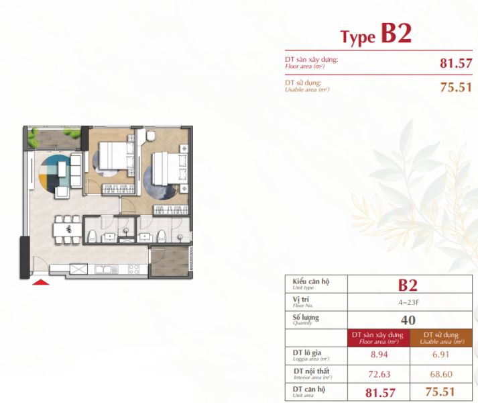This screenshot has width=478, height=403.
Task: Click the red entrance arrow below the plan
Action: click(42, 282)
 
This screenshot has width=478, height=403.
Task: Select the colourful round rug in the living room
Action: click(56, 174)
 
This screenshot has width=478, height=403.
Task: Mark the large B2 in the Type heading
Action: click(396, 33)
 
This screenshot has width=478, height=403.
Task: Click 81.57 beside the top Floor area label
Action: click(456, 64)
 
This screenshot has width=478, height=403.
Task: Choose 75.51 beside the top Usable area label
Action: click(456, 87)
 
